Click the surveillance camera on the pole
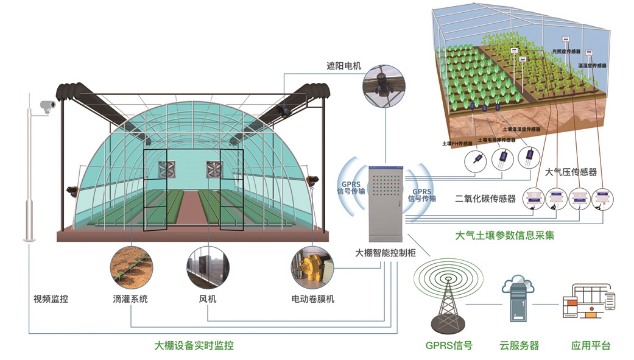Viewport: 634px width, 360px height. click(x=47, y=105)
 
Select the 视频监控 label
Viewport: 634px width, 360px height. click(x=51, y=299)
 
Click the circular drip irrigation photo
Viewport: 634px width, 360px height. click(x=130, y=266)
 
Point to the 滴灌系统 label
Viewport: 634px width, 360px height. click(x=130, y=299)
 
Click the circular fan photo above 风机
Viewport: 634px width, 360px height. click(x=208, y=266)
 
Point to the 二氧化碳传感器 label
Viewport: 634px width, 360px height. click(x=485, y=199)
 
